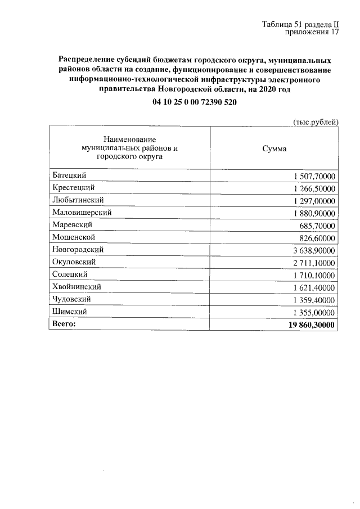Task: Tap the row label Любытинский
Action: point(78,200)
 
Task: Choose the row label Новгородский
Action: point(78,250)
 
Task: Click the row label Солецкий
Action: point(69,274)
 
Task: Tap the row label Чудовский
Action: point(71,299)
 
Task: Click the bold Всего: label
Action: point(63,324)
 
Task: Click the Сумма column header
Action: point(274,149)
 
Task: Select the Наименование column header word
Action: point(129,139)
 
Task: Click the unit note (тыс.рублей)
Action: point(316,121)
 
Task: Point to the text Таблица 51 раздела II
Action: point(300,25)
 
